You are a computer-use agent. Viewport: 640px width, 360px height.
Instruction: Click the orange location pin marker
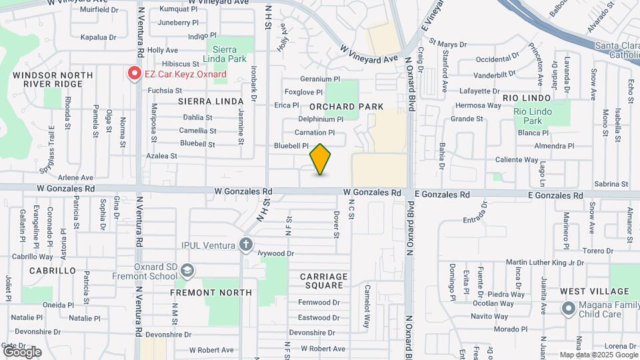(321, 159)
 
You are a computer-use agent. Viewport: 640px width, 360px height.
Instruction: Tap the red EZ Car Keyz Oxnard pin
(134, 73)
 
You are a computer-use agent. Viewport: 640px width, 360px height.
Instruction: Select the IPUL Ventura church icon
(246, 245)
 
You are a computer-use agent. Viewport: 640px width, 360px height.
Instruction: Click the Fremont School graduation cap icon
(187, 270)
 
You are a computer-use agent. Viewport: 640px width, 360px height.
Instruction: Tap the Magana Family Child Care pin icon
(567, 308)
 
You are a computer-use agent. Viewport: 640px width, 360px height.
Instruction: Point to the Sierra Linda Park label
(230, 54)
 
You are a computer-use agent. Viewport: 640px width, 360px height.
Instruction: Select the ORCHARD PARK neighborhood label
(347, 107)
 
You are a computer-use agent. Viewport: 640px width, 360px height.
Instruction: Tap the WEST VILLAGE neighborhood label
(595, 291)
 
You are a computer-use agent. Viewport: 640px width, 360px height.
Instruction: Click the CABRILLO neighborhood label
(53, 271)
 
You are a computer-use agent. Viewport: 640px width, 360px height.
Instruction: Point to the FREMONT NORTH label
(211, 293)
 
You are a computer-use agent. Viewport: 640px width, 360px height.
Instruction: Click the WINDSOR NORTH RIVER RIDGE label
(47, 80)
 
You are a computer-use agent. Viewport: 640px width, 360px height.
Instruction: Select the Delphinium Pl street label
(321, 119)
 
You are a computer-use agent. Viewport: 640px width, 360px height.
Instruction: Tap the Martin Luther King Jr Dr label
(545, 263)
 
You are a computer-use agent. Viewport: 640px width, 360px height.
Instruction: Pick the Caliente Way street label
(517, 160)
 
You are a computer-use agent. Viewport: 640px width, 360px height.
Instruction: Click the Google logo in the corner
(22, 351)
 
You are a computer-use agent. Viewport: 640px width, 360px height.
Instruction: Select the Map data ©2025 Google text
(598, 355)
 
